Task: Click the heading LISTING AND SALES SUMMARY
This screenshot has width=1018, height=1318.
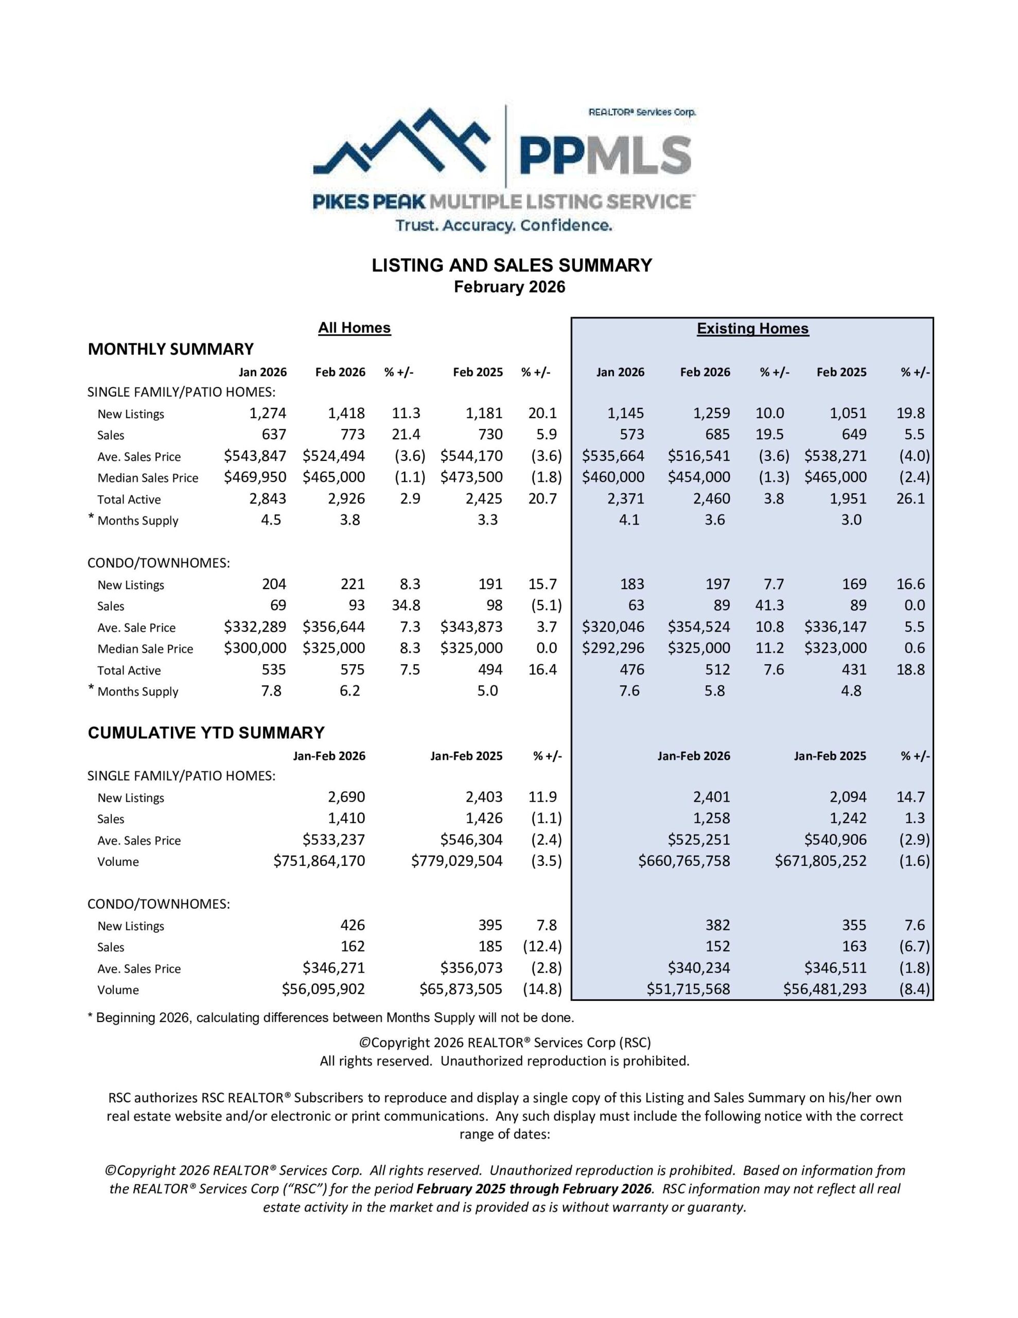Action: [x=512, y=266]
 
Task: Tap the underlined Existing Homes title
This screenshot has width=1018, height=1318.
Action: [x=752, y=329]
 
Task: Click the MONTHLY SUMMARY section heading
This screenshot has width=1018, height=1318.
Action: [x=171, y=350]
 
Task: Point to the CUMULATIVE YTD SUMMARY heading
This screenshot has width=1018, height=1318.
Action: [x=206, y=733]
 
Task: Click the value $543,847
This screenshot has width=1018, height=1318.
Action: [x=255, y=456]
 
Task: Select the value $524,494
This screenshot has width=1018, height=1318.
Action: [x=334, y=456]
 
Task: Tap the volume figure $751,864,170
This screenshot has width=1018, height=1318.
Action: [x=319, y=861]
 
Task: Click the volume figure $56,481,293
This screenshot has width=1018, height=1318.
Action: [x=824, y=989]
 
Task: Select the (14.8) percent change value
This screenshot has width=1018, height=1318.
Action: [x=542, y=989]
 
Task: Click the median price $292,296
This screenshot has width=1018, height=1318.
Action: [x=613, y=648]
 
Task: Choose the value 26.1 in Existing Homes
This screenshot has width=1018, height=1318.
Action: [x=910, y=499]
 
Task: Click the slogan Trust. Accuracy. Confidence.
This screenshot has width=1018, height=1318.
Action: [x=504, y=226]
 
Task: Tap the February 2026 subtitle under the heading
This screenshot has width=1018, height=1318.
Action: [x=510, y=287]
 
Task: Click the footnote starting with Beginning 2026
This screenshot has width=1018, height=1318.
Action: [x=331, y=1018]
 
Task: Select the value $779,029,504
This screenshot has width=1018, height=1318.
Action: [x=457, y=861]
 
